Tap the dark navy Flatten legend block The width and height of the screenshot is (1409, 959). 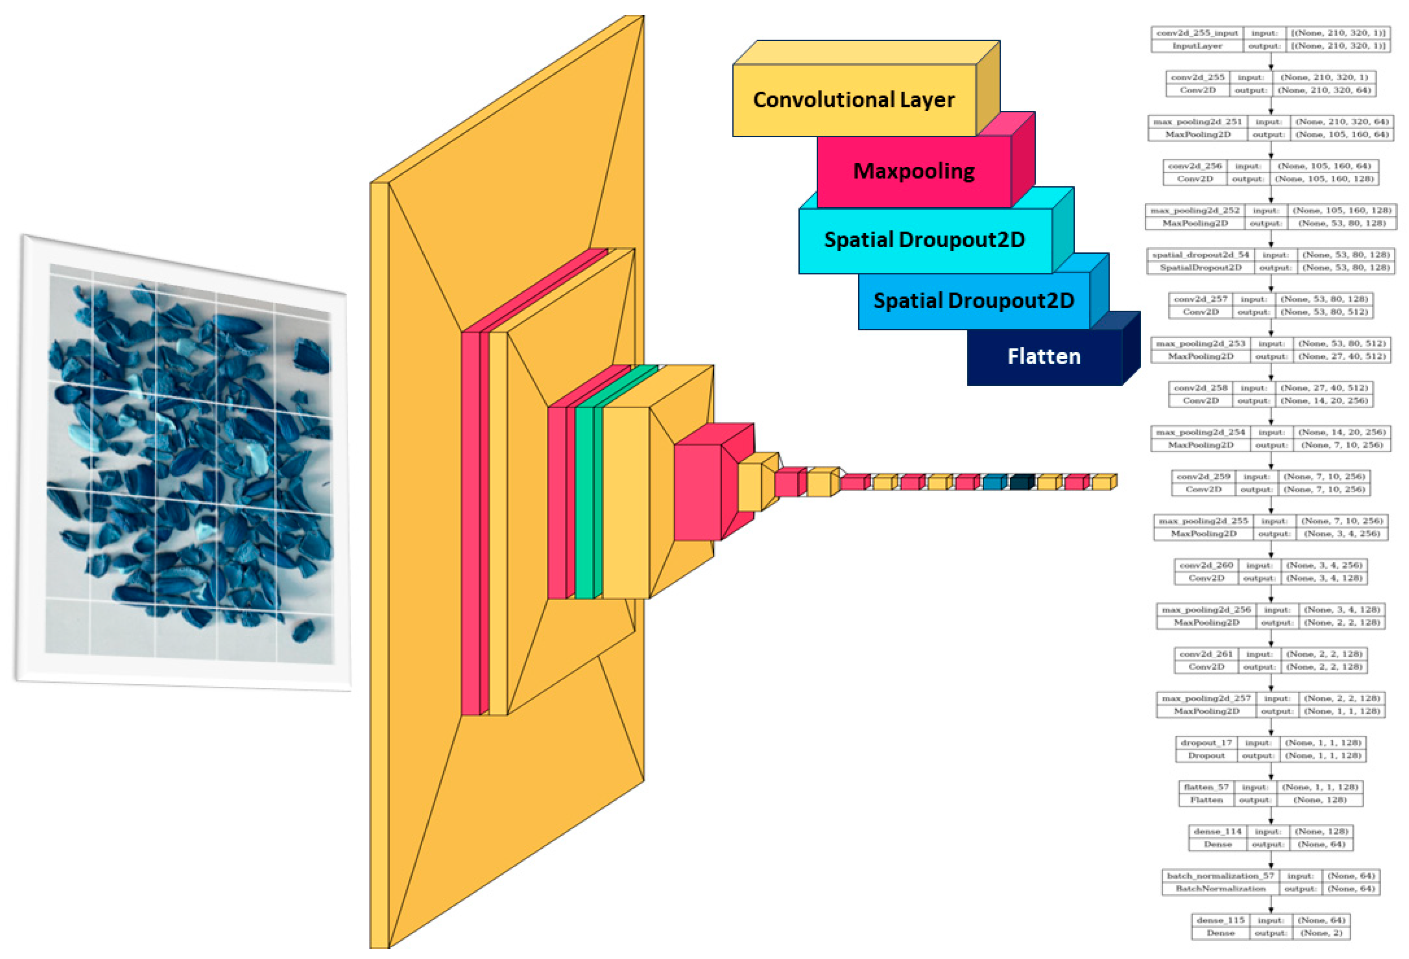1044,356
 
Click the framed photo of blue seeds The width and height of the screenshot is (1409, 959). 188,464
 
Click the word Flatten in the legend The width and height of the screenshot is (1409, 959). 1044,356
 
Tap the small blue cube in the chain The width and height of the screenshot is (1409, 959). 994,483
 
